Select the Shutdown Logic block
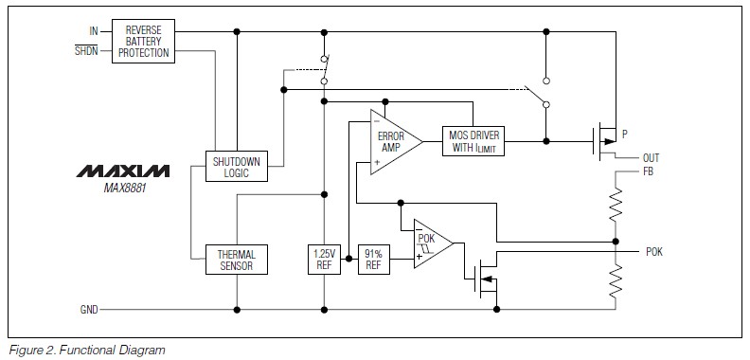coord(237,166)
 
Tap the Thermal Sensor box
coord(237,261)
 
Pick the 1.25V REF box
coord(324,261)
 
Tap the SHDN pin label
coord(86,50)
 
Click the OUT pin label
coord(651,157)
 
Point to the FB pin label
coord(647,172)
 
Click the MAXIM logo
coord(123,171)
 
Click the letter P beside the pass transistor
coord(624,135)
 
